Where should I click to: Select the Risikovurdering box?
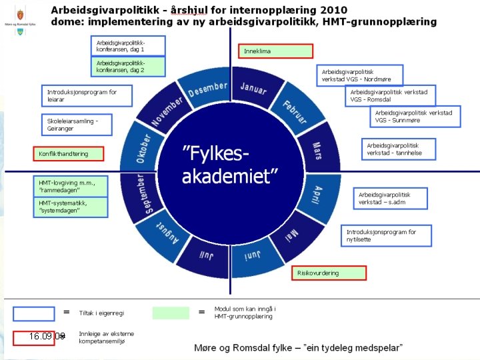point(329,273)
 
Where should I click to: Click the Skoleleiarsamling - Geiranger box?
point(77,125)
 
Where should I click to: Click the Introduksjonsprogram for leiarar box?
point(87,96)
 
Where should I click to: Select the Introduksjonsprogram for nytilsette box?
point(387,235)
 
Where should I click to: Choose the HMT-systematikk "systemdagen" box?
point(70,207)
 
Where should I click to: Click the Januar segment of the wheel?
point(254,88)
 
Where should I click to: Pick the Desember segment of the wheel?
point(207,88)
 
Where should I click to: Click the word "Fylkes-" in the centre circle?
point(217,154)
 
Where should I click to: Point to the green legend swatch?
point(171,313)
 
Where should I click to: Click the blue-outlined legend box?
point(34,313)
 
